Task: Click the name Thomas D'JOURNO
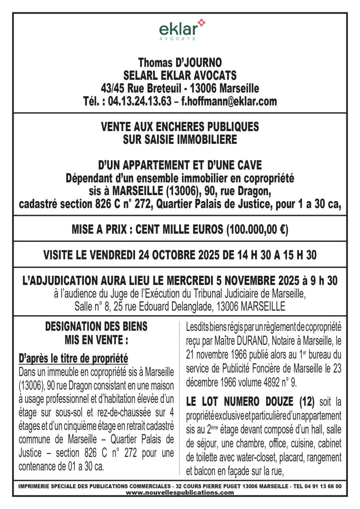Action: (x=180, y=63)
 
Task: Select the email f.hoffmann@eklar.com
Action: (x=229, y=101)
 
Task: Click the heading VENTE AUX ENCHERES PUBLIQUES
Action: (x=180, y=127)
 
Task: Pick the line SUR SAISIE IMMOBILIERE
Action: (x=180, y=139)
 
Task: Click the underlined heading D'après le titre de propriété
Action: (x=73, y=359)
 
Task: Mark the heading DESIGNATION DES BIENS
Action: (x=96, y=327)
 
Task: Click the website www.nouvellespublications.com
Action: (x=180, y=493)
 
